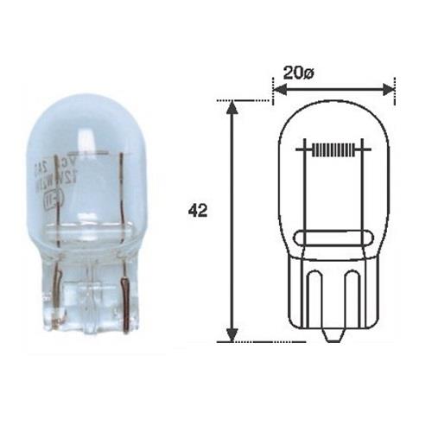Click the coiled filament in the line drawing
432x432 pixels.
[333, 149]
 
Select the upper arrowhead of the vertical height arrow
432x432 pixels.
[231, 106]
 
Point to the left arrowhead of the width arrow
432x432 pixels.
[278, 88]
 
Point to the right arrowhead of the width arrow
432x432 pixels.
[389, 88]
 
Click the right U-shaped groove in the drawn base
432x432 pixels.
[353, 298]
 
